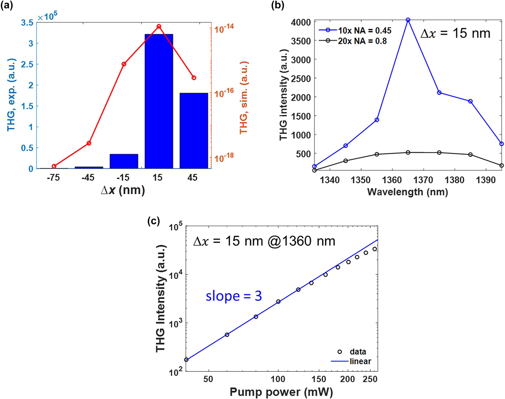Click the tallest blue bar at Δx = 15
point(159,102)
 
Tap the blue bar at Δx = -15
point(124,161)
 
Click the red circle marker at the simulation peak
point(159,26)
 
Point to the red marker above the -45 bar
point(89,143)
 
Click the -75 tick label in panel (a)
point(53,178)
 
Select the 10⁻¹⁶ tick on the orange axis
point(224,93)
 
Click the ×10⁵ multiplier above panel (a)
point(48,17)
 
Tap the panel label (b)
point(278,5)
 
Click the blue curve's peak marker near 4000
point(408,20)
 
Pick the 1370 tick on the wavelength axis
point(423,180)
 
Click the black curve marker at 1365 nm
point(408,152)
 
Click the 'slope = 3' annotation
point(234,296)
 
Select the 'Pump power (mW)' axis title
point(281,392)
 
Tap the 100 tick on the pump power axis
point(278,379)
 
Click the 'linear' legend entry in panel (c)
point(360,361)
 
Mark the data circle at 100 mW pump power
point(278,302)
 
